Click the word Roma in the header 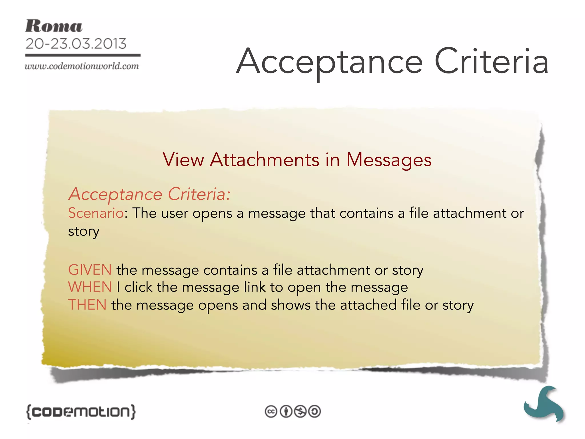pyautogui.click(x=54, y=26)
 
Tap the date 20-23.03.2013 pyautogui.click(x=76, y=44)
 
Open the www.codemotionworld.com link pyautogui.click(x=82, y=66)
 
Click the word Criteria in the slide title pyautogui.click(x=491, y=61)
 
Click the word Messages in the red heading pyautogui.click(x=389, y=160)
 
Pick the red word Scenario pyautogui.click(x=96, y=213)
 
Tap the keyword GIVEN pyautogui.click(x=90, y=270)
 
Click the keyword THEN pyautogui.click(x=87, y=305)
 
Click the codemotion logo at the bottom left pyautogui.click(x=81, y=412)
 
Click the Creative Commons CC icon pyautogui.click(x=271, y=412)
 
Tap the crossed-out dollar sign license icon pyautogui.click(x=300, y=412)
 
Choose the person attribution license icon pyautogui.click(x=286, y=412)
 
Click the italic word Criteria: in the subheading pyautogui.click(x=199, y=194)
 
